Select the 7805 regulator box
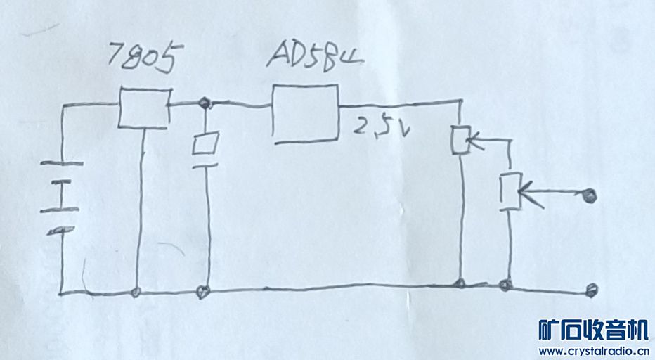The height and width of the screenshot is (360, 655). (144, 108)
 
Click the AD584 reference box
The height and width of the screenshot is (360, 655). (304, 115)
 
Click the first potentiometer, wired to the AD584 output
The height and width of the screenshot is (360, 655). (460, 139)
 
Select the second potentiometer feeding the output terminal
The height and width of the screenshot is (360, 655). (510, 190)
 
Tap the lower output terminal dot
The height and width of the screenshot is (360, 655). (592, 289)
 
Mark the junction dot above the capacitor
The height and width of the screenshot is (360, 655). (205, 105)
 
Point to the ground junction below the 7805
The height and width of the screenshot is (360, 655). (136, 291)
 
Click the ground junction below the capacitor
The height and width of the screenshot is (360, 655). (205, 290)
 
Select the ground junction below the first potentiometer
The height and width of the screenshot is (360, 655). (460, 284)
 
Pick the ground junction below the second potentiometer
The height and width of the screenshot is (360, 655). (504, 285)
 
